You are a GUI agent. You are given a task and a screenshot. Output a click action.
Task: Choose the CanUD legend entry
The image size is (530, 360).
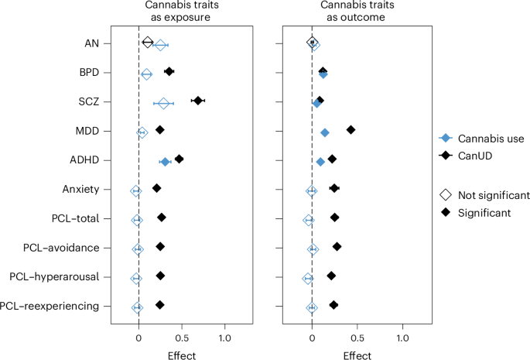point(474,156)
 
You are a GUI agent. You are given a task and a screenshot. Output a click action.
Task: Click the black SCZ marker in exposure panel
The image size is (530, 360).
point(198,101)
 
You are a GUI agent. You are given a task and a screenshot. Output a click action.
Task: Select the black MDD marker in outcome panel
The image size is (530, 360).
point(350,130)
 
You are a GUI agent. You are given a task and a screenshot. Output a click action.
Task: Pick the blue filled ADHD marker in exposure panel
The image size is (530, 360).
point(165,162)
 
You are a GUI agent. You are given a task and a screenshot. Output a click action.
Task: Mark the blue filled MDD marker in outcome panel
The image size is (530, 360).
point(325,133)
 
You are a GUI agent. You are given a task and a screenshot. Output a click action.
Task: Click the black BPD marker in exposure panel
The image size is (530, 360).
point(169,72)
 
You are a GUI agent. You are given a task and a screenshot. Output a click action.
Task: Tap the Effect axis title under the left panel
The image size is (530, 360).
point(183,355)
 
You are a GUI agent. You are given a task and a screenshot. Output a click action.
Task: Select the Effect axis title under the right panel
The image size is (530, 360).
point(357,355)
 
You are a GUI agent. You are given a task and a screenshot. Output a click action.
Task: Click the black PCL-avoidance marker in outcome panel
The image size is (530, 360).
point(337,246)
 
